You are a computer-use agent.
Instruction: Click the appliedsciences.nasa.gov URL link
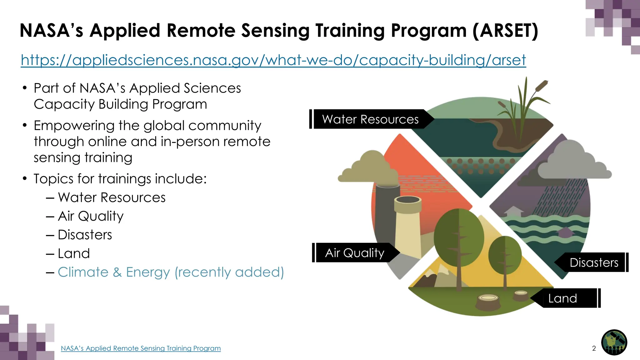pyautogui.click(x=273, y=60)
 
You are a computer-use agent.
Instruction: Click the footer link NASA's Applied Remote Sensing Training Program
pyautogui.click(x=141, y=348)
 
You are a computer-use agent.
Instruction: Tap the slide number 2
pyautogui.click(x=594, y=348)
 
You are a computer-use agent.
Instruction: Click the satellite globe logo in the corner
pyautogui.click(x=614, y=342)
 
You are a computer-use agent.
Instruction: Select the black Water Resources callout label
pyautogui.click(x=370, y=119)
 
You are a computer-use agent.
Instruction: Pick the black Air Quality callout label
pyautogui.click(x=355, y=253)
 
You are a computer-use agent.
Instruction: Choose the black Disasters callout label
pyautogui.click(x=594, y=262)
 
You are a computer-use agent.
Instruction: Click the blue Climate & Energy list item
pyautogui.click(x=171, y=272)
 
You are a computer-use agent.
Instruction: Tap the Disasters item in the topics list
pyautogui.click(x=85, y=235)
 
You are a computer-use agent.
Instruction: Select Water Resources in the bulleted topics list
pyautogui.click(x=112, y=197)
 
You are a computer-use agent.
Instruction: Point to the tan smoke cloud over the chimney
pyautogui.click(x=369, y=169)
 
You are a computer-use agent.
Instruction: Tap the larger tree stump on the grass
pyautogui.click(x=488, y=302)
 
